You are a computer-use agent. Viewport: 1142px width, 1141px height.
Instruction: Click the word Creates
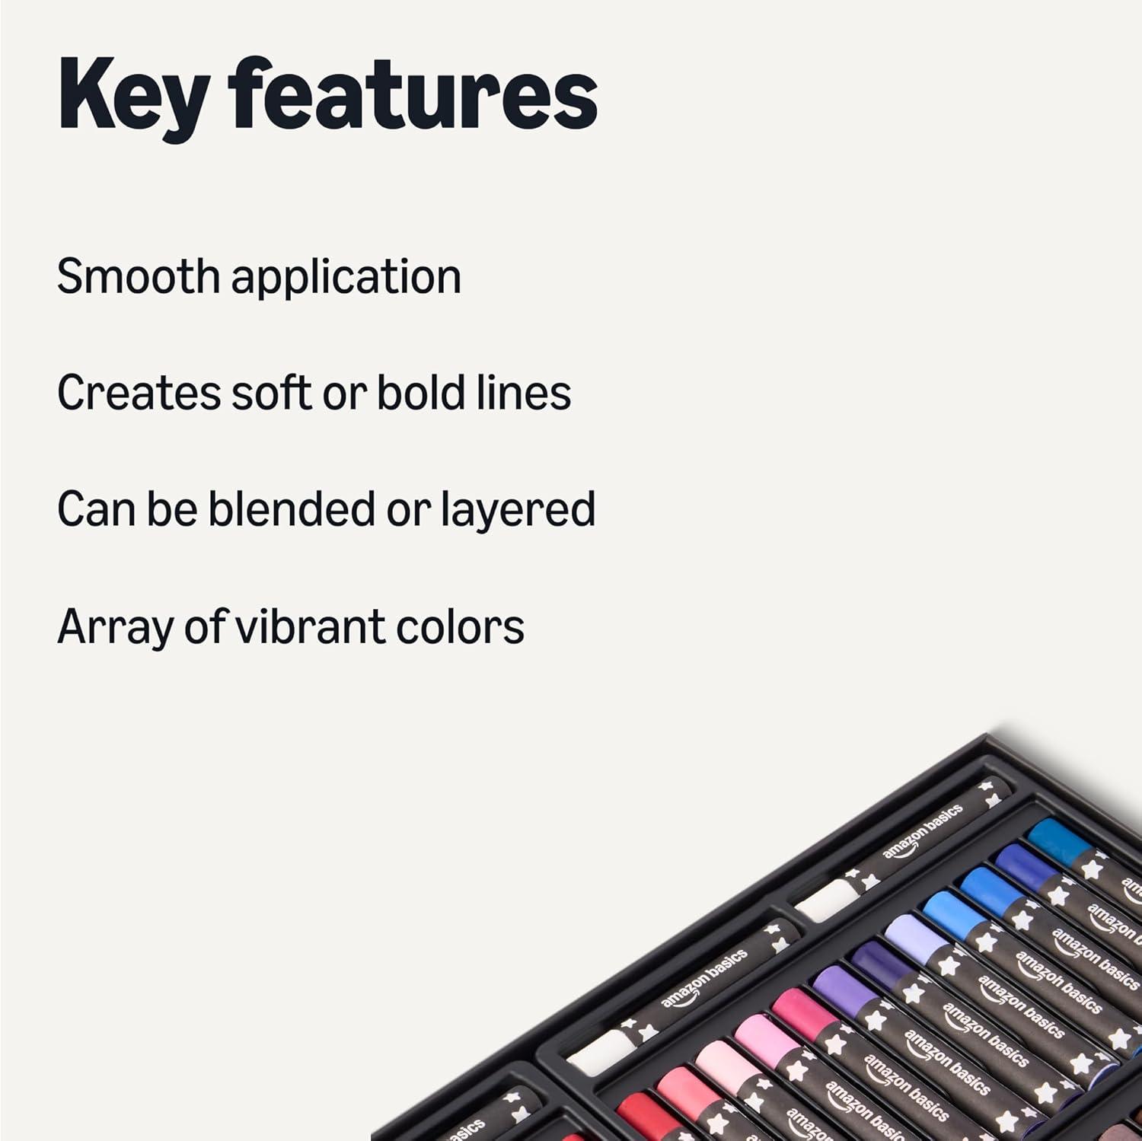139,394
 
